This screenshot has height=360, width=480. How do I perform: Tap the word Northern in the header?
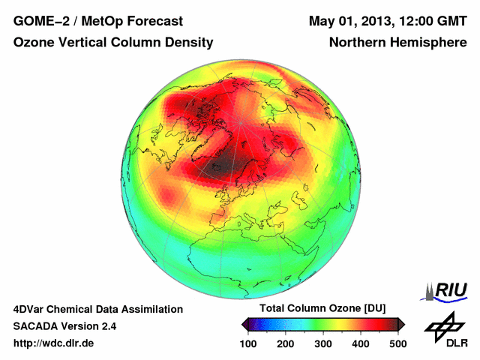tap(358, 43)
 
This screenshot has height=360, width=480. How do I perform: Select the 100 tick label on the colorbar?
tap(248, 343)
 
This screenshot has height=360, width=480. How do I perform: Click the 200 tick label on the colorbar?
tap(286, 343)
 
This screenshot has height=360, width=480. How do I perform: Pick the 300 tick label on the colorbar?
tap(323, 343)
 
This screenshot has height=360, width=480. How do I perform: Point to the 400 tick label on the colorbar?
tap(361, 343)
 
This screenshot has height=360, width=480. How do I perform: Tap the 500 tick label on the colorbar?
tap(398, 343)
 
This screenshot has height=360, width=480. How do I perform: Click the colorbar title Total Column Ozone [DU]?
tap(322, 309)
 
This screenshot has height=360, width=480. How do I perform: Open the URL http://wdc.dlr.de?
tap(54, 343)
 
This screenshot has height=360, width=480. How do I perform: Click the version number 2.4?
tap(107, 326)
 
